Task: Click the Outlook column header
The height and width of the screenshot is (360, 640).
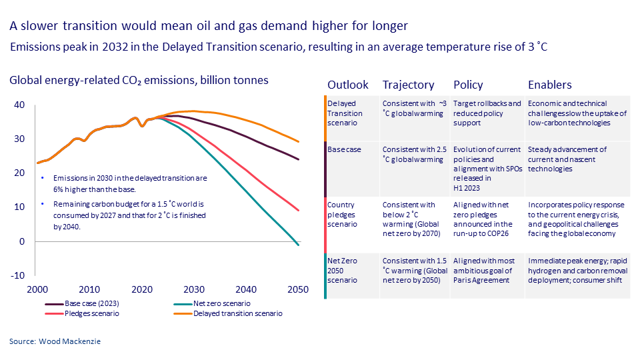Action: coord(347,85)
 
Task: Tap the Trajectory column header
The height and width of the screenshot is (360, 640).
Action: coord(408,85)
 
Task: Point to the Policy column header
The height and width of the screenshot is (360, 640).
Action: coord(468,85)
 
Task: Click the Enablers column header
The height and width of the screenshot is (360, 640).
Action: coord(549,85)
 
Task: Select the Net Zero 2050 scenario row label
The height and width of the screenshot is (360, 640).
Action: coord(342,270)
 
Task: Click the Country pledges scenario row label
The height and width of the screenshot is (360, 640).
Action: coord(343,214)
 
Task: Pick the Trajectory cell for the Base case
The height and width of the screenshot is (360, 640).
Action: coord(412,154)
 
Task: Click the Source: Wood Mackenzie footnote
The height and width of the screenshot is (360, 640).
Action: coord(56,341)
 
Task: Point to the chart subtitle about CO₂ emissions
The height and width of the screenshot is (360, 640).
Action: coord(139,80)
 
